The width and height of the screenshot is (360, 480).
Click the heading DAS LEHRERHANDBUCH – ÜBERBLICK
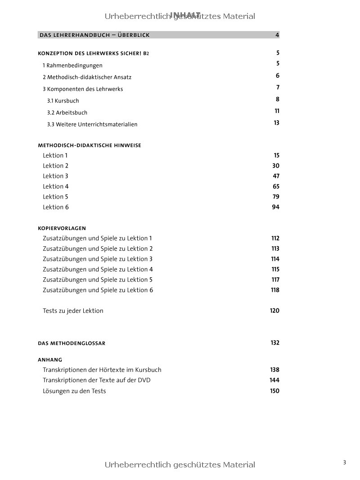point(94,35)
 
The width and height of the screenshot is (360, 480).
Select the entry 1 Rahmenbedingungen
point(72,65)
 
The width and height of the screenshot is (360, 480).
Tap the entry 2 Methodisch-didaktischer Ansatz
point(87,77)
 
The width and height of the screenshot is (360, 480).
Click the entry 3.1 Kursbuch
point(63,101)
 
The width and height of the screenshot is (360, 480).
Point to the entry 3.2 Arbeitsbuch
point(67,113)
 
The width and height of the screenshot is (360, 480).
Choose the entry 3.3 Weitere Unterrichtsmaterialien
point(92,124)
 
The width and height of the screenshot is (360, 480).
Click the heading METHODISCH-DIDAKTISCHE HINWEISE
point(90,145)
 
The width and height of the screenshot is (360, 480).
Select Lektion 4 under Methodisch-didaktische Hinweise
point(56,186)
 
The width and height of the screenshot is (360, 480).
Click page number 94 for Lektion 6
point(275,207)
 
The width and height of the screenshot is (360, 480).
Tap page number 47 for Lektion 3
point(276,176)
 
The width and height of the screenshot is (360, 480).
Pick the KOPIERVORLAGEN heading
point(62,228)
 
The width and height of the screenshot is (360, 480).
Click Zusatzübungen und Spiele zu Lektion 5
point(98,280)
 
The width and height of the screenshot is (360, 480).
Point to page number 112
point(275,238)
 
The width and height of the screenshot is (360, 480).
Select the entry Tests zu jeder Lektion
point(73,311)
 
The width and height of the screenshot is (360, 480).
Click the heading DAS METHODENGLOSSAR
point(72,343)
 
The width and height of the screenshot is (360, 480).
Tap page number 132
point(275,343)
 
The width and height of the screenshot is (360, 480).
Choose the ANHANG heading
point(50,360)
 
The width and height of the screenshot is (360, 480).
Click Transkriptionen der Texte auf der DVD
point(96,380)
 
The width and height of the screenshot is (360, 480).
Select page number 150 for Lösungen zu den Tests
point(274,391)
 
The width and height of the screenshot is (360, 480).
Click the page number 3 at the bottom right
point(345,462)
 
